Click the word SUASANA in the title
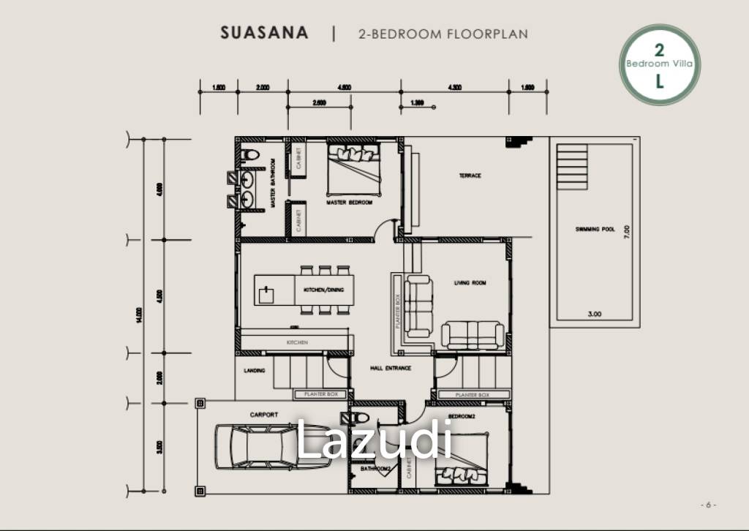(264, 34)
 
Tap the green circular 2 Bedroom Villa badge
(660, 64)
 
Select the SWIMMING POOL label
(595, 230)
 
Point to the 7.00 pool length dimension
(627, 233)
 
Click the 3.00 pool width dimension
(595, 314)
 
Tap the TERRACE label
(470, 176)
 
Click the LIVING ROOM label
(470, 283)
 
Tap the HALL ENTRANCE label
(391, 368)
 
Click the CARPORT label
(264, 415)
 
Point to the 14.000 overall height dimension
(140, 315)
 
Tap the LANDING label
(255, 371)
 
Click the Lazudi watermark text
(373, 441)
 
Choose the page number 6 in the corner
(708, 505)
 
